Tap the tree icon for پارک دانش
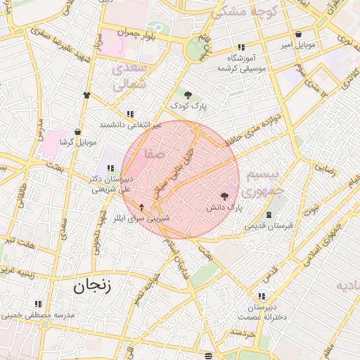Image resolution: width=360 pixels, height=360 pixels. tap(224, 197)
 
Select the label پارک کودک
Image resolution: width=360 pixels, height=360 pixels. tap(188, 105)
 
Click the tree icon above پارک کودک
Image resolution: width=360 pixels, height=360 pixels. tap(188, 94)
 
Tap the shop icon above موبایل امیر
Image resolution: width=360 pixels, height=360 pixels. tap(298, 34)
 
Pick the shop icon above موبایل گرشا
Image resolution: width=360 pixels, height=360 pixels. tap(77, 131)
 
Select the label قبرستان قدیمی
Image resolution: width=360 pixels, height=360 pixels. tap(268, 226)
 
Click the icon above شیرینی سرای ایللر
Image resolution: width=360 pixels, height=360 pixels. tap(142, 207)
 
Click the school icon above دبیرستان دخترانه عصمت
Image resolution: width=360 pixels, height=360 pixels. tap(262, 297)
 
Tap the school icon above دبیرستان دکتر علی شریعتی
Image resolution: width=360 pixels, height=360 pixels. tap(110, 168)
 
